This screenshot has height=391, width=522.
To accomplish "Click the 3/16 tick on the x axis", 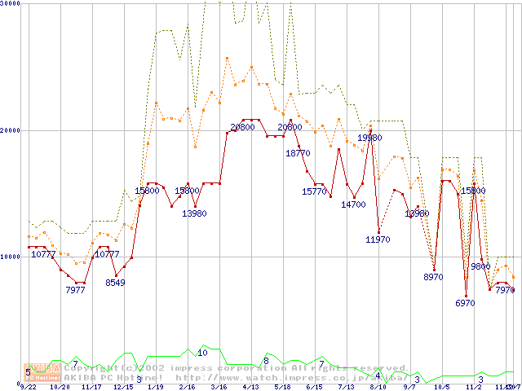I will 219,387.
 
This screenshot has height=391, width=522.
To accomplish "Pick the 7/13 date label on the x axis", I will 346,387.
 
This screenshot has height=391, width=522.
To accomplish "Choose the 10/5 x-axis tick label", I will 441,387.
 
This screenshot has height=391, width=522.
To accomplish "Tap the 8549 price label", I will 115,283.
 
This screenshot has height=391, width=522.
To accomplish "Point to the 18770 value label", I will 298,152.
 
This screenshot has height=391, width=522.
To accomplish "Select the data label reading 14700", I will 353,204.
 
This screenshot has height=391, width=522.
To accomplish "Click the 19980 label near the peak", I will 369,138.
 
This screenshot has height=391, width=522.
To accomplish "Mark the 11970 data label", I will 378,239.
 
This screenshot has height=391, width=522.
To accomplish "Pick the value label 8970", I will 432,277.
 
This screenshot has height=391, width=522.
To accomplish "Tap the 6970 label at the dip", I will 465,303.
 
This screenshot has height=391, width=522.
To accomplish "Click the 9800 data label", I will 480,266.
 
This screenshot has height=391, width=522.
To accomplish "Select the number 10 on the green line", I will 202,353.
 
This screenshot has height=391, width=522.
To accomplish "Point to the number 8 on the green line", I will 266,360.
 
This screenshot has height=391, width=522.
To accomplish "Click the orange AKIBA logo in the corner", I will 39,371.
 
